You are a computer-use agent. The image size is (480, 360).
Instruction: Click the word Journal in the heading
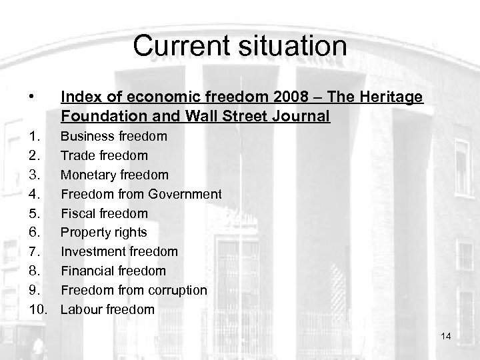coord(301,117)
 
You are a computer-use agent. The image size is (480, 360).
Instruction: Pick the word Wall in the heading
coord(201,117)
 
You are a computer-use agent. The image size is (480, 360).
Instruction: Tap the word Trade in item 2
coord(76,155)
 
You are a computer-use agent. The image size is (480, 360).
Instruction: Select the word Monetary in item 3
coord(87,175)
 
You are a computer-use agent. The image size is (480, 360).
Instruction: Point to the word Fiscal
coord(77,213)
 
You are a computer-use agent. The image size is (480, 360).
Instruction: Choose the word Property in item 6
coord(84,233)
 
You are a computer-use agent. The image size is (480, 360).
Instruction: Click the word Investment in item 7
coord(91,251)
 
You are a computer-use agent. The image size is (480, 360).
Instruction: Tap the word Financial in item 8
coord(87,271)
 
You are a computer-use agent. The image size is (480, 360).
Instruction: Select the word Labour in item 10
coord(81,309)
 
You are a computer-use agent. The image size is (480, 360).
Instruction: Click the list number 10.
coord(37,309)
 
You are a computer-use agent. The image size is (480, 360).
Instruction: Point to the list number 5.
coord(34,213)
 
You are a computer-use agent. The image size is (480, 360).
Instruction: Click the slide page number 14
coord(446,336)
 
